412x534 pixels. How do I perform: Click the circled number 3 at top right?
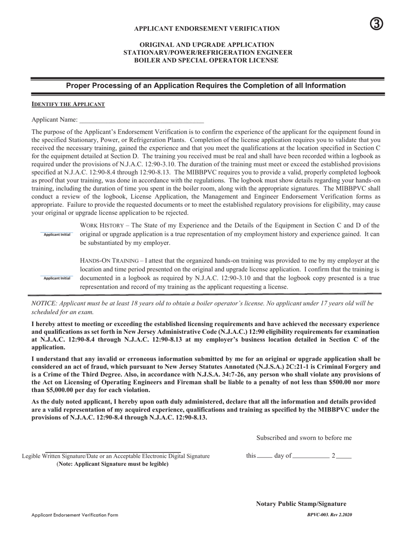click(x=376, y=24)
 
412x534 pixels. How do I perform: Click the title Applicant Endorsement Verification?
click(x=206, y=29)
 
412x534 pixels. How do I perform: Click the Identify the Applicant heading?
click(x=68, y=105)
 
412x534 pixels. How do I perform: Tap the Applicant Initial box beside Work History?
click(x=57, y=234)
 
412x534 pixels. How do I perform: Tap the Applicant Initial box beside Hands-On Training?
click(x=57, y=277)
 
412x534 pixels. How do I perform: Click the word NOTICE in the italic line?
click(x=44, y=303)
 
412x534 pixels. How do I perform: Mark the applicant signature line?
click(x=113, y=452)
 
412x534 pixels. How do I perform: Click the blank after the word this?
click(x=265, y=457)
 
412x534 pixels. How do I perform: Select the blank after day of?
click(x=311, y=457)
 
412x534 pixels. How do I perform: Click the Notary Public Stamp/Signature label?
click(x=301, y=504)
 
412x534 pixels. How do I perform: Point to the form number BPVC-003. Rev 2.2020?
click(x=330, y=514)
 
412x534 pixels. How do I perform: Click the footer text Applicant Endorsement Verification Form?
click(x=75, y=515)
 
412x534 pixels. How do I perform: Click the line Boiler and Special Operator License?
click(x=206, y=60)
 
